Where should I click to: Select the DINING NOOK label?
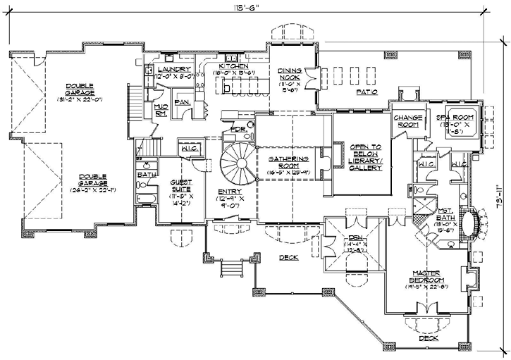coord(290,75)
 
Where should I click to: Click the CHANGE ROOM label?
coord(407,121)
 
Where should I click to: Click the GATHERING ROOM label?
coord(285,163)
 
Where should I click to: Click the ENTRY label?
coord(230,192)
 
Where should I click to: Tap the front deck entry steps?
coord(229,270)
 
